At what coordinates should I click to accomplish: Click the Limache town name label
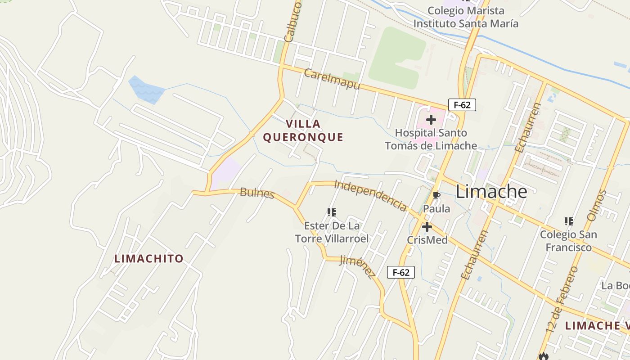click(491, 192)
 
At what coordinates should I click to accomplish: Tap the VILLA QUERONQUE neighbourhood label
click(303, 130)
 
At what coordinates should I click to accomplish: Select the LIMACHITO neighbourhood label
click(149, 259)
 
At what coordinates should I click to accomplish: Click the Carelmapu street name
click(332, 79)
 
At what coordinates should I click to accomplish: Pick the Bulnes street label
click(257, 193)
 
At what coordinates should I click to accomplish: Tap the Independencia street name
click(370, 195)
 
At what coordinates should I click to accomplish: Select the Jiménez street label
click(357, 266)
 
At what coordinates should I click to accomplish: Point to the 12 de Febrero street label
click(561, 299)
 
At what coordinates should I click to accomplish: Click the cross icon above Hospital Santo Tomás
click(431, 120)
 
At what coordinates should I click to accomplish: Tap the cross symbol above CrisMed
click(427, 227)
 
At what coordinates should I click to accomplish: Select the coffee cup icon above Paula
click(436, 195)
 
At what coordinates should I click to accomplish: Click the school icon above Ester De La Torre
click(332, 212)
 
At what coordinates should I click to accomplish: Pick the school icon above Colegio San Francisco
click(568, 221)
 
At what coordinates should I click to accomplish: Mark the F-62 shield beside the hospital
click(462, 105)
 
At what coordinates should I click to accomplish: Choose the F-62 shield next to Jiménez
click(400, 272)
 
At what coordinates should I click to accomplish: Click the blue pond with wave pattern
click(146, 89)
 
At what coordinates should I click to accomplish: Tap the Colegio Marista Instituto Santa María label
click(466, 17)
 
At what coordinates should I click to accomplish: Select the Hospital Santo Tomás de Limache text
click(431, 139)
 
